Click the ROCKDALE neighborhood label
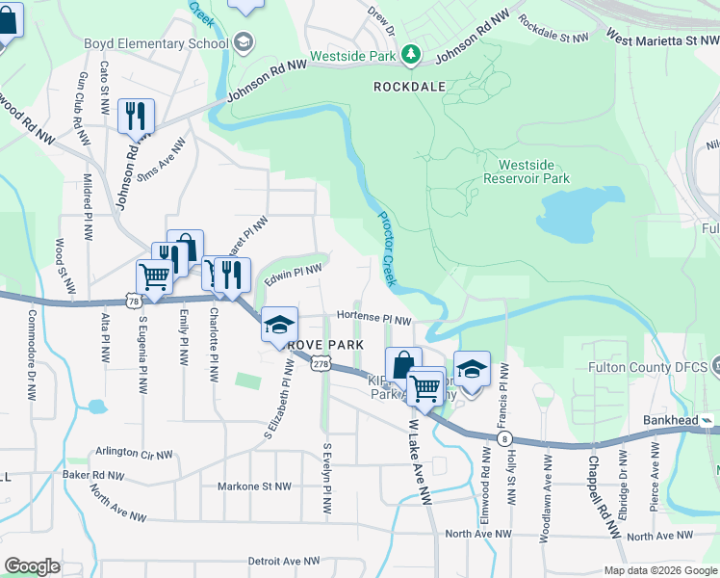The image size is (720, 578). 409,87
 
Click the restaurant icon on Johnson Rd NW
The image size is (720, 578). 136,117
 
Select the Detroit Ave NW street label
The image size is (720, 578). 284,561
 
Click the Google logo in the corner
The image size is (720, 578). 32,566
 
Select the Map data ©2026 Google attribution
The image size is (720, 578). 659,570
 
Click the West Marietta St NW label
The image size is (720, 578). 662,38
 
